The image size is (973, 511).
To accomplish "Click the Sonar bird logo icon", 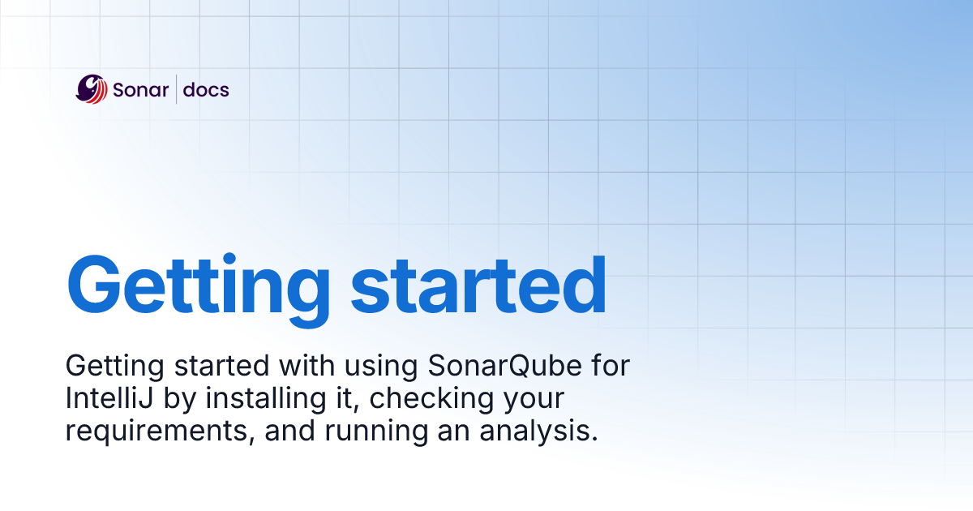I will [92, 89].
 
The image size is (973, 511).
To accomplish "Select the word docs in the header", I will [206, 90].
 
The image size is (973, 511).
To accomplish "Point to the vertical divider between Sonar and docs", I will [176, 89].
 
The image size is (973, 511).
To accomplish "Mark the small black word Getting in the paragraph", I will [114, 367].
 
